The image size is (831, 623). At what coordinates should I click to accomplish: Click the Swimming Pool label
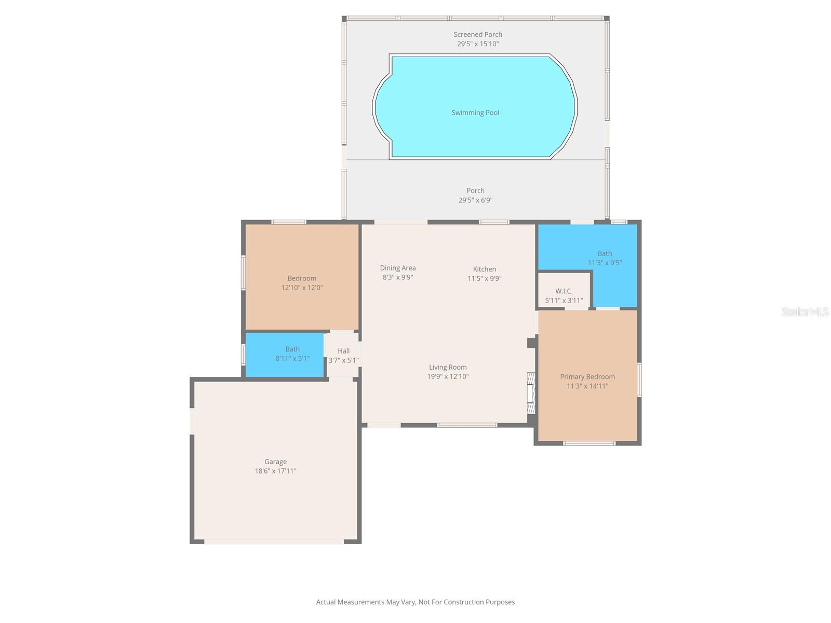pos(475,113)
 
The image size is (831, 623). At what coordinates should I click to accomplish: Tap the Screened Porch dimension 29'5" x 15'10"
pos(478,44)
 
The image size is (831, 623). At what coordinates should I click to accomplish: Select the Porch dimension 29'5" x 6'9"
pos(475,200)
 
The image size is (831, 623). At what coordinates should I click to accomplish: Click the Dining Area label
pos(398,268)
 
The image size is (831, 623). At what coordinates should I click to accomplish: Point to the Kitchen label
pos(484,269)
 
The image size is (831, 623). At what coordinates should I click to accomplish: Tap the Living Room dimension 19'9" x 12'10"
pos(448,377)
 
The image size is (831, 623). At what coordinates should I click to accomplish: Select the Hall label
pos(343,351)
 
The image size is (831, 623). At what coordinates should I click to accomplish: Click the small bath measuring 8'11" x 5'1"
pos(285,355)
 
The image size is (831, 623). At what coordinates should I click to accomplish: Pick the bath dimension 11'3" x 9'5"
pos(605,263)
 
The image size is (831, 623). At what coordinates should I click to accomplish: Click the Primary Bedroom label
pos(587,377)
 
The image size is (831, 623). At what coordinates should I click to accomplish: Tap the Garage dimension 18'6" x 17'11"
pos(275,471)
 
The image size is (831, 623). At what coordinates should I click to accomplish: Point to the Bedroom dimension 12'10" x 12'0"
pos(302,288)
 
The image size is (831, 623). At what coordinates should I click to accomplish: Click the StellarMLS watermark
pos(805,311)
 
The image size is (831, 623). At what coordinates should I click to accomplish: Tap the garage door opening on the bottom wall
pos(274,541)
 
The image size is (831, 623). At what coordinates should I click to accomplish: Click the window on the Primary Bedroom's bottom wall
pos(589,443)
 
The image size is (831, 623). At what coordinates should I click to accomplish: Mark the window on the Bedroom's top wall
pos(289,222)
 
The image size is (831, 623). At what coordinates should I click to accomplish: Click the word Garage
pos(275,462)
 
